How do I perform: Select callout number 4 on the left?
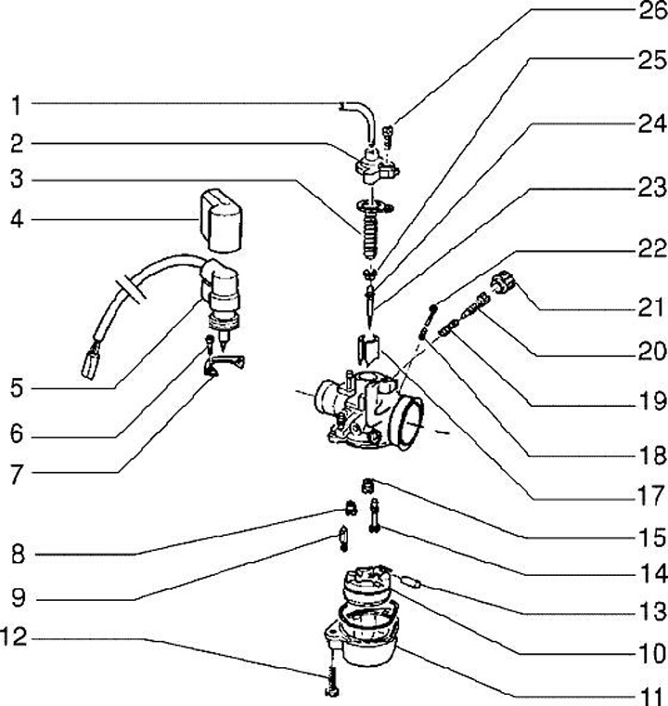pos(16,220)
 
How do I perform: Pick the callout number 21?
pos(646,305)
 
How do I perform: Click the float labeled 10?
pos(366,587)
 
